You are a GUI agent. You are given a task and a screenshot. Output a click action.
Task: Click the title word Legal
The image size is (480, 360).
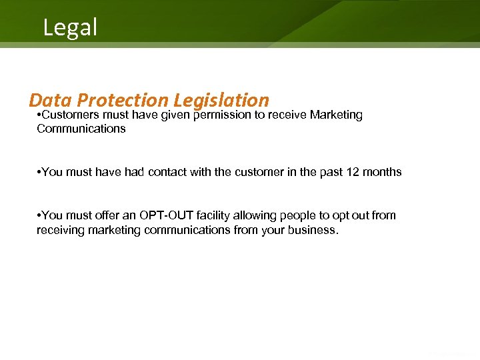click(70, 27)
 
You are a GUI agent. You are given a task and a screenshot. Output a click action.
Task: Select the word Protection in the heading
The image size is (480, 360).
click(123, 100)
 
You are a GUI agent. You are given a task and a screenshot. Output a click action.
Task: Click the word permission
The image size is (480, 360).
click(227, 115)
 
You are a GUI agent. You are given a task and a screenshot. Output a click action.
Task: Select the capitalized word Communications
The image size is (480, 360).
click(81, 129)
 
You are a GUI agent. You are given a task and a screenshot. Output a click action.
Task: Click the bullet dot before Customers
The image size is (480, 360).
click(39, 116)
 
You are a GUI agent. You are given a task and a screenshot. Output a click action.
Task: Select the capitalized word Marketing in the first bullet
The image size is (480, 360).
click(336, 115)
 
